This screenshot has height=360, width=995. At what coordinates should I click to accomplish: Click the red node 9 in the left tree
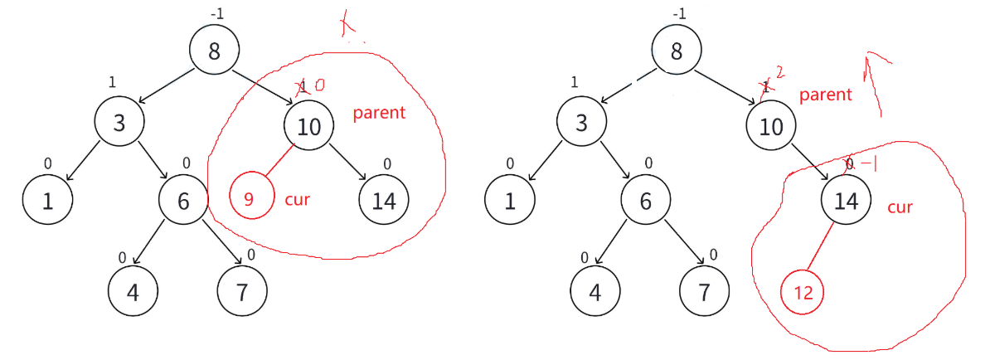click(x=251, y=198)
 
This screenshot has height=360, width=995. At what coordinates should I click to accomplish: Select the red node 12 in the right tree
click(x=802, y=292)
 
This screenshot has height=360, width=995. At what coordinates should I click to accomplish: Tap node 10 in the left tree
click(x=308, y=126)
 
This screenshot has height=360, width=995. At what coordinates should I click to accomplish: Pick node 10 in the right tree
click(x=770, y=126)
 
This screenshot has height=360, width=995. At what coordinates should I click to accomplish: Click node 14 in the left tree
click(x=383, y=201)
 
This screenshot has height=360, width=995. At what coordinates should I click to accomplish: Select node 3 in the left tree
click(x=119, y=124)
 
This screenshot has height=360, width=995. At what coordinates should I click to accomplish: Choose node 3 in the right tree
click(x=581, y=124)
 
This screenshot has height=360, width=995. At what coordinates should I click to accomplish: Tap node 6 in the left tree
click(x=183, y=201)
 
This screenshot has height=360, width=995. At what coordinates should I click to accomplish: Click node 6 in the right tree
click(x=645, y=201)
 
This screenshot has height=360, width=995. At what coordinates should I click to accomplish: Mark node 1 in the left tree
click(x=46, y=201)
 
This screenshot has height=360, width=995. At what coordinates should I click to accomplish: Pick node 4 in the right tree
click(x=595, y=290)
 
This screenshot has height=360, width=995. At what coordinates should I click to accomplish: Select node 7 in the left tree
click(x=241, y=290)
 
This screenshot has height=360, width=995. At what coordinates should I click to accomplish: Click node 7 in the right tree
click(x=703, y=290)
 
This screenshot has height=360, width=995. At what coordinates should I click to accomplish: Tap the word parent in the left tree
click(x=379, y=113)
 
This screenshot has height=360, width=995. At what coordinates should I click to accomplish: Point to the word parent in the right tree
click(x=825, y=95)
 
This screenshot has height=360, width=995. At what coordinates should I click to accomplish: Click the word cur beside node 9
click(x=297, y=199)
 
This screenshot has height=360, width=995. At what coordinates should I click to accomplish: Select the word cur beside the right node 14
click(x=900, y=207)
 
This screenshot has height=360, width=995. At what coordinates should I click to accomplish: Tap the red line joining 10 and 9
click(x=279, y=163)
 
